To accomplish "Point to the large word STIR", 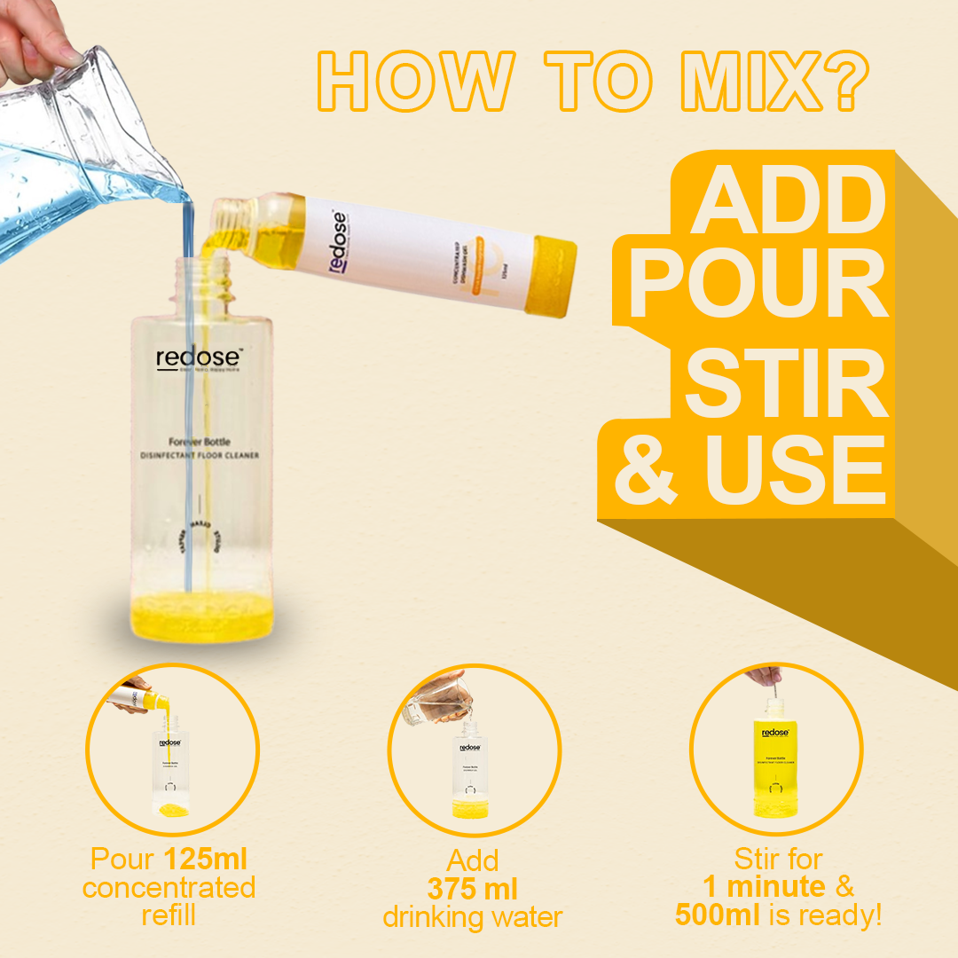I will point(786,386).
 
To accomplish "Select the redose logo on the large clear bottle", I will point(200,357).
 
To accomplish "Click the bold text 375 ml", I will point(472,888).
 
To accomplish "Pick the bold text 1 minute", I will point(764,886).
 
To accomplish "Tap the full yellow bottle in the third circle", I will point(775,767).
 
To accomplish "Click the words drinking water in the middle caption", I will point(472,916).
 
